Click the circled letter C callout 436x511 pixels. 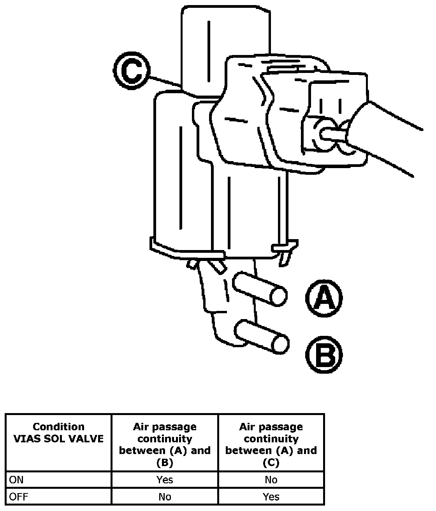(x=132, y=73)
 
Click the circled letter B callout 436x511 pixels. (x=324, y=355)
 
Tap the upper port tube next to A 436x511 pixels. (x=260, y=290)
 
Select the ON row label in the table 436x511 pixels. (x=16, y=479)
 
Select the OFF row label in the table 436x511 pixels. (x=18, y=497)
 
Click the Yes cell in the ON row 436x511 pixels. (x=165, y=479)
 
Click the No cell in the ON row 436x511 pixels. (x=271, y=479)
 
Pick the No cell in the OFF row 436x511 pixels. (x=165, y=497)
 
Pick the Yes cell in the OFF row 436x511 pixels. (x=271, y=497)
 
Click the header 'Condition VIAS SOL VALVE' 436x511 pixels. (x=58, y=433)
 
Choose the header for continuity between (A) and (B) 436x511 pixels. (x=165, y=445)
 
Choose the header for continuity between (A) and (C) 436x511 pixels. (x=271, y=445)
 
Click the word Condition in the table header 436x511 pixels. (x=58, y=427)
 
